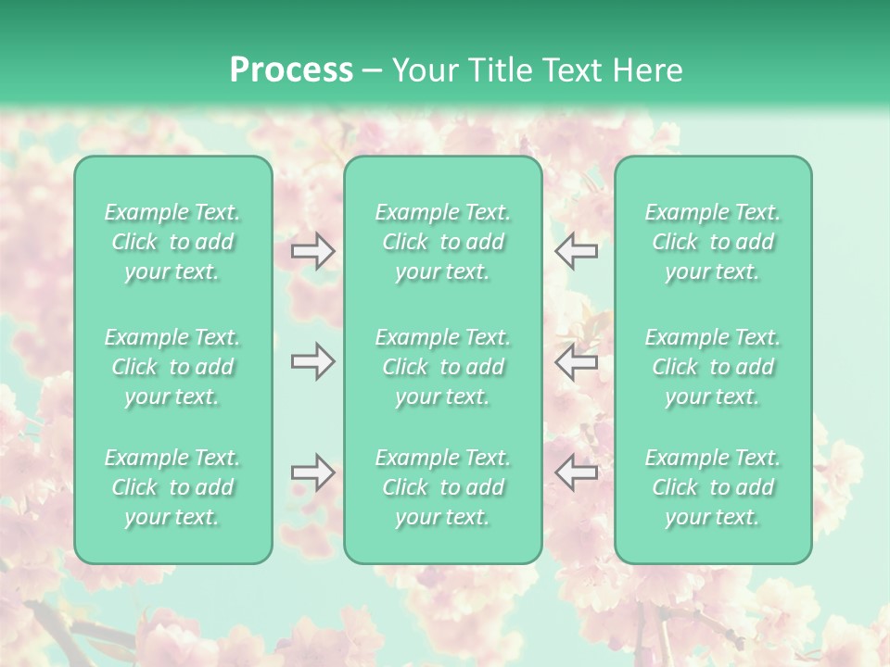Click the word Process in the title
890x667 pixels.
pos(291,70)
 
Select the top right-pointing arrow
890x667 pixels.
pos(313,251)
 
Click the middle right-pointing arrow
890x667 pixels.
pos(313,361)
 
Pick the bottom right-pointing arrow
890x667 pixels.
pos(313,472)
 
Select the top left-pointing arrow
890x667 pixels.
pos(576,251)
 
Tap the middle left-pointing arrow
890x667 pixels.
pos(576,361)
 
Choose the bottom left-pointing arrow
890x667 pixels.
pos(576,472)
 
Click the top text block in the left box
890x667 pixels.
pos(172,242)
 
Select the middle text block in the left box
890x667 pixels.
pos(172,367)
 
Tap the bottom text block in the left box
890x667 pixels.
pos(172,487)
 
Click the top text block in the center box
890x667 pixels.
pos(443,242)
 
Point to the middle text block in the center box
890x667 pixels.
pos(443,367)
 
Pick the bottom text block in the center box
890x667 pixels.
pos(443,487)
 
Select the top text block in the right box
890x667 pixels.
pos(713,242)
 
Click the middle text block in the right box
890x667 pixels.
pos(713,367)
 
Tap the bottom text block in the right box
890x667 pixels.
pos(713,487)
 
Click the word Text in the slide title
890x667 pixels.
pos(570,70)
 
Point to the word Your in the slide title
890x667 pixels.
pos(422,70)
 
